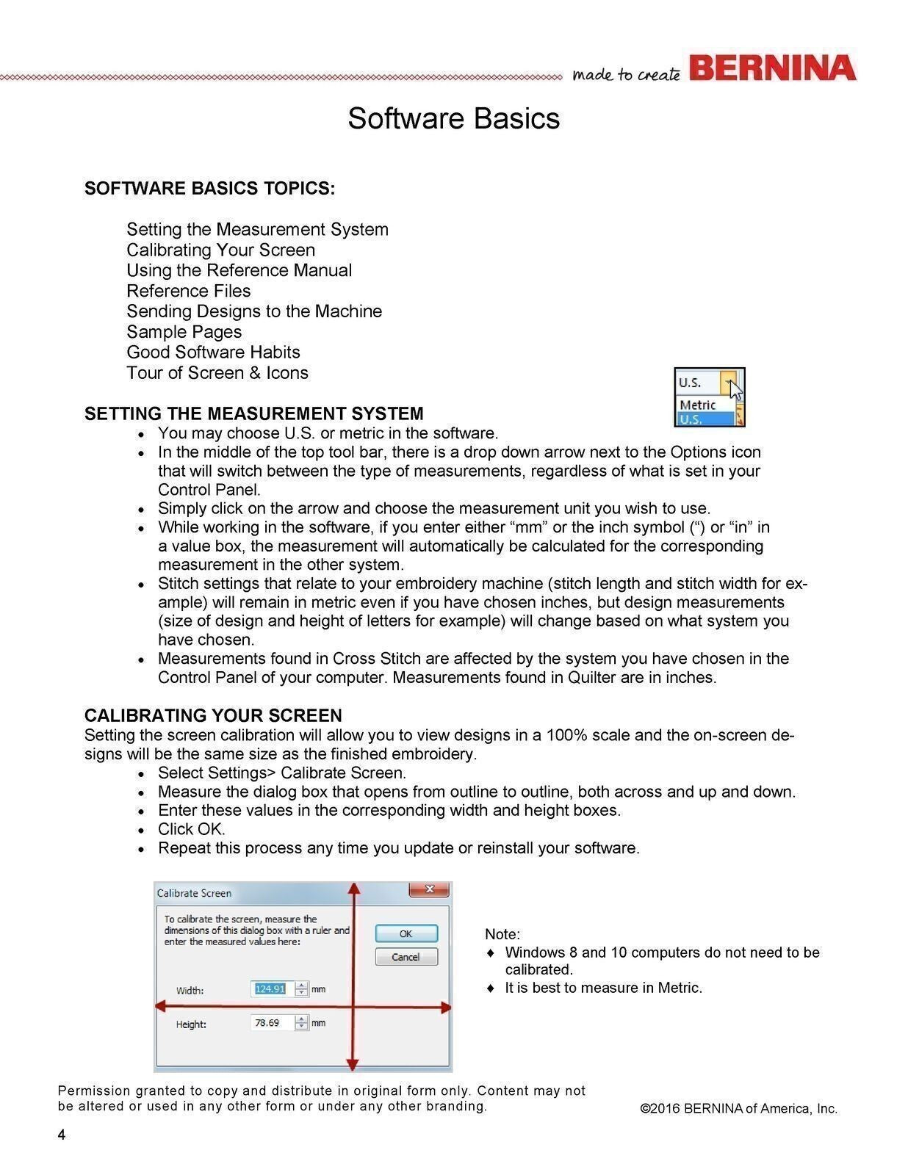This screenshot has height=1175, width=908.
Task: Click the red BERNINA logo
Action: click(773, 68)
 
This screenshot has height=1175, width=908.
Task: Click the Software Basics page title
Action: click(453, 118)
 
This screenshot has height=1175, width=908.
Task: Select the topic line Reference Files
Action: click(188, 291)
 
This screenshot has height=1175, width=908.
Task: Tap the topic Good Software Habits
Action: click(213, 352)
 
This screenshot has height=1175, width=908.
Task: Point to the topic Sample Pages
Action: click(184, 332)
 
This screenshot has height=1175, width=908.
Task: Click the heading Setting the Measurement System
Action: click(253, 413)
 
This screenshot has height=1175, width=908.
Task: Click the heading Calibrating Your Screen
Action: click(213, 715)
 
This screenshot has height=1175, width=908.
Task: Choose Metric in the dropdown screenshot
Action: click(698, 405)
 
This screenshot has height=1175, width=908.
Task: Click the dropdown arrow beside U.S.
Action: click(727, 382)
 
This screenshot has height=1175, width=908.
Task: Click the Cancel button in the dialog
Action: click(406, 957)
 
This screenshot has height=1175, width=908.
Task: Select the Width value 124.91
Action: click(270, 989)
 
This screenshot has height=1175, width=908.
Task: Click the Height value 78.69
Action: click(267, 1023)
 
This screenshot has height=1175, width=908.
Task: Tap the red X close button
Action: click(429, 890)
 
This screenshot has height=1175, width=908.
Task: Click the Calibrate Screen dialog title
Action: click(194, 893)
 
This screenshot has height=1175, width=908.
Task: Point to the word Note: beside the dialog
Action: click(502, 934)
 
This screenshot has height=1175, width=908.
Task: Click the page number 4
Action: click(62, 1135)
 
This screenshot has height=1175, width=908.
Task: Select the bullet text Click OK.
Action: click(191, 829)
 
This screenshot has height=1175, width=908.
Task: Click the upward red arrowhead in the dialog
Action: click(354, 889)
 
